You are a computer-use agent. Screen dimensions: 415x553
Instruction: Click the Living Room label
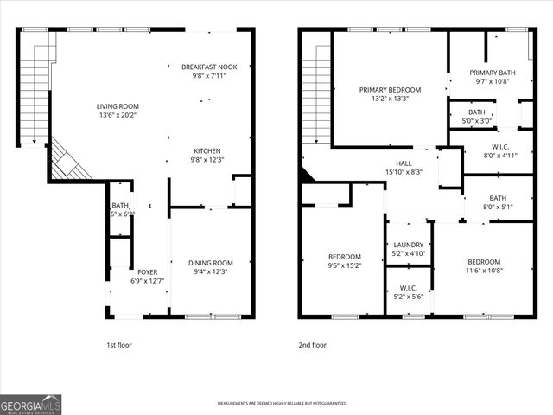coord(117,106)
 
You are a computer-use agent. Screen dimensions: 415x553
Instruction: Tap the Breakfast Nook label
coord(208,67)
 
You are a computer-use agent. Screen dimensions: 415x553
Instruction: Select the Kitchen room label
coord(207,150)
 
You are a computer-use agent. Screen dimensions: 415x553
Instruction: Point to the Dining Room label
coord(211,263)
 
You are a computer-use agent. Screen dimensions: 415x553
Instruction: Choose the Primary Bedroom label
coord(391,90)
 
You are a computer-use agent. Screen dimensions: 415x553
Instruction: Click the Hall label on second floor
coord(404,163)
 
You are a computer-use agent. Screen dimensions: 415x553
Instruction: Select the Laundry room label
coord(409,245)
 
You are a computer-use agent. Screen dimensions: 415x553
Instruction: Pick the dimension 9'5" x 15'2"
coord(344,266)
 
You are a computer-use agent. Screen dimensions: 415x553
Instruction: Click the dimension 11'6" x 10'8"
coord(484,271)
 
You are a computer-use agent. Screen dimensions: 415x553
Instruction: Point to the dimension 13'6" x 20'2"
coord(117,115)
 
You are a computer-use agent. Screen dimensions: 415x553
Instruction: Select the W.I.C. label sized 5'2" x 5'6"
coord(409,287)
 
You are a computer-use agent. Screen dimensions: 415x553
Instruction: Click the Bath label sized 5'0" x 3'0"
coord(477,112)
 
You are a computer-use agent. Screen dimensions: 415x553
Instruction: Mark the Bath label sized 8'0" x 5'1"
coord(498,198)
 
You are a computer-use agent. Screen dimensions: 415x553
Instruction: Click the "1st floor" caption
coord(119,345)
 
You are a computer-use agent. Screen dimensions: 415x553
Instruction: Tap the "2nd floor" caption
coord(314,345)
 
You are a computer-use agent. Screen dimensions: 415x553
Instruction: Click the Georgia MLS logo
coord(31,404)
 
